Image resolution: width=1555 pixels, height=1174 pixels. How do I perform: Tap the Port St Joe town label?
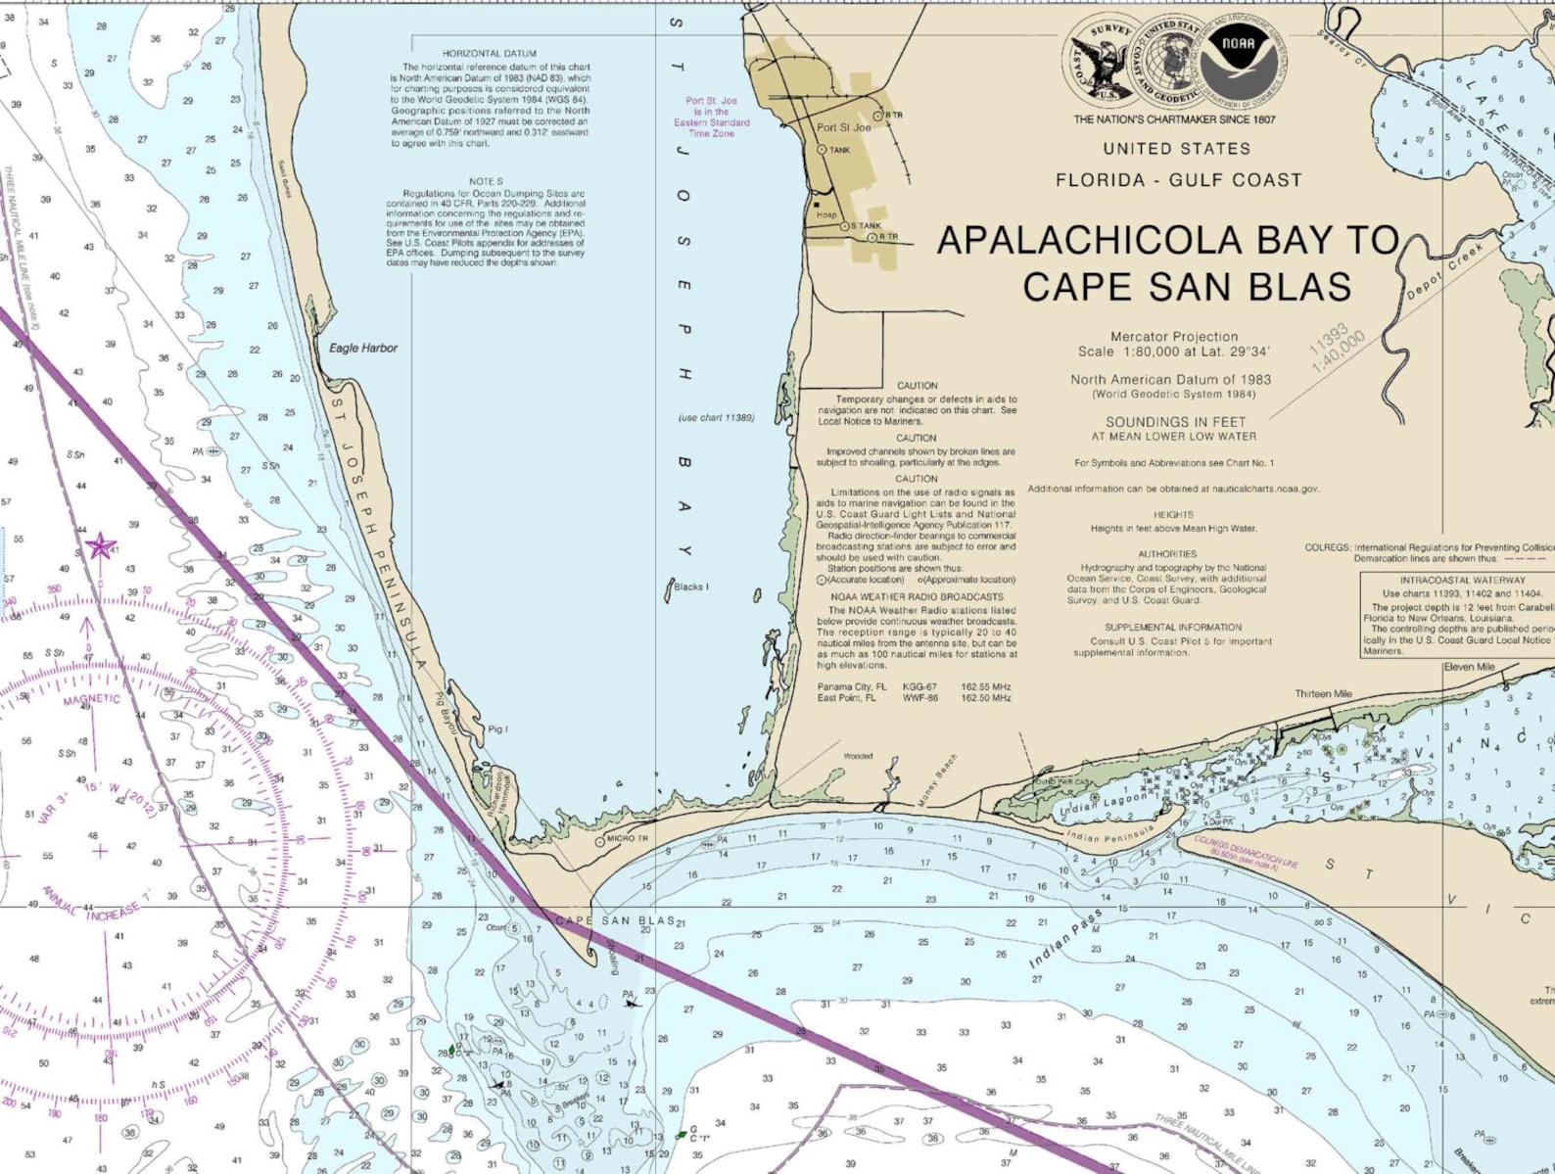843,127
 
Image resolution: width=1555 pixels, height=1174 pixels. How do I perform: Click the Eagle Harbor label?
363,348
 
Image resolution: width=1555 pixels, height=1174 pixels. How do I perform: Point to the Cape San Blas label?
615,920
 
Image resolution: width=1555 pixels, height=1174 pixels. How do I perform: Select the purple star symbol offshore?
100,545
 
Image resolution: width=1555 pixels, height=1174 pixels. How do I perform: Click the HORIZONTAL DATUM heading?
489,54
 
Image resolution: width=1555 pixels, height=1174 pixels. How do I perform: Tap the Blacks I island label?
690,587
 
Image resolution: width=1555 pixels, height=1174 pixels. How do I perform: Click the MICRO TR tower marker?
600,841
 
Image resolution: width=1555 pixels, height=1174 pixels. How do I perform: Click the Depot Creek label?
1445,272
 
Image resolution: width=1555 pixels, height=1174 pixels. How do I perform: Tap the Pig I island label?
497,729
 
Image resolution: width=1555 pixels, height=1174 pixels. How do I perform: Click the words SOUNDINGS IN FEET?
1175,422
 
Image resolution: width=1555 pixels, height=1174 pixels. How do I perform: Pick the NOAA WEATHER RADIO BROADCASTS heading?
917,596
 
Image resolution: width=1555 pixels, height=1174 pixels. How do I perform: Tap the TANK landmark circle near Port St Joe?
822,150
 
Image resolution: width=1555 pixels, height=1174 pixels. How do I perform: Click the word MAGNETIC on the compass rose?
92,700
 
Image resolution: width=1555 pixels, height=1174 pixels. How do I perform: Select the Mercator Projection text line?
1173,336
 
